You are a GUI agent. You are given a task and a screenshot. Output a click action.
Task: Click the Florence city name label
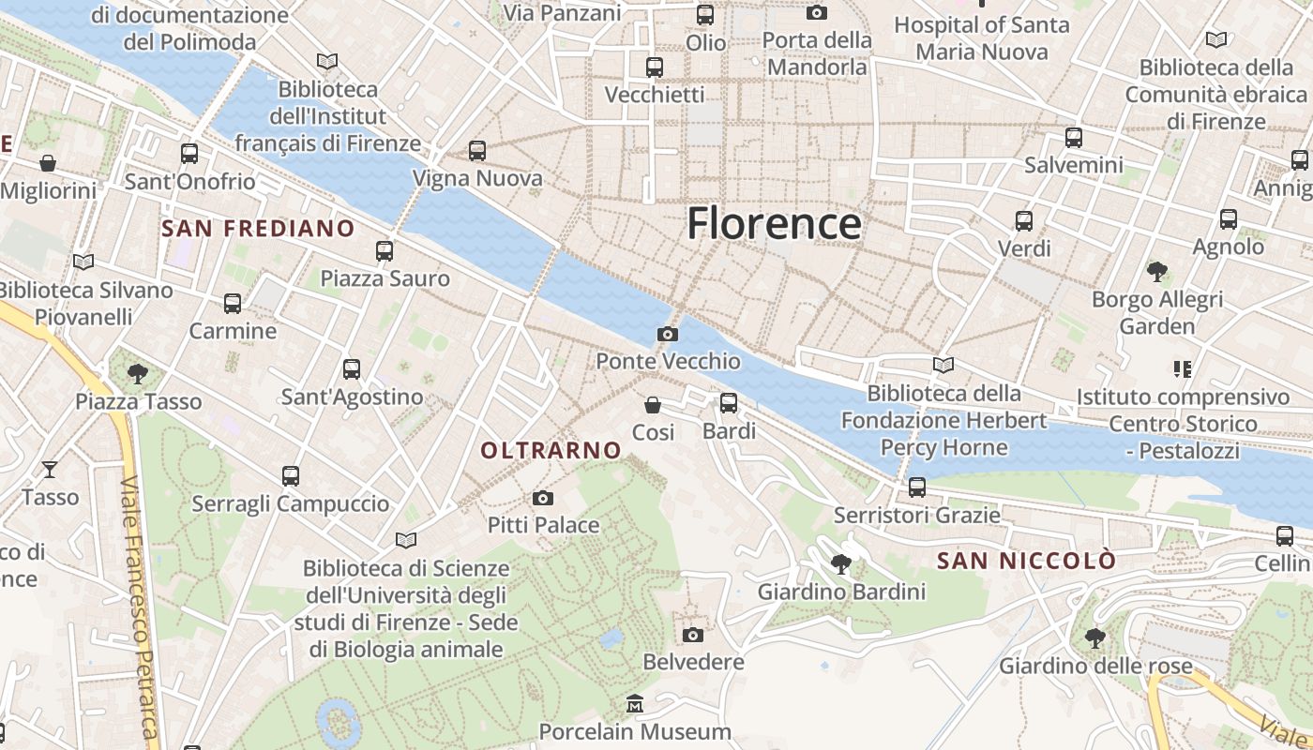click(774, 224)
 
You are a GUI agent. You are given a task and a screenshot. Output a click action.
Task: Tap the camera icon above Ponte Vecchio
click(668, 335)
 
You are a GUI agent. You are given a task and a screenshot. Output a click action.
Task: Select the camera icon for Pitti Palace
click(542, 498)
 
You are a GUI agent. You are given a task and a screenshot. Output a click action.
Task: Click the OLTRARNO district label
click(551, 451)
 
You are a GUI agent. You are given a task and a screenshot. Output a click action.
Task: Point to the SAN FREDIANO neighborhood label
click(258, 229)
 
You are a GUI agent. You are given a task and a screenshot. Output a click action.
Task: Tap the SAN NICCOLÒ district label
click(1027, 562)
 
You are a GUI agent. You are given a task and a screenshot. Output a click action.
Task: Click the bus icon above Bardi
click(729, 404)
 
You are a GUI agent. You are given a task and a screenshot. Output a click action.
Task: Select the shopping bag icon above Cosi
click(653, 405)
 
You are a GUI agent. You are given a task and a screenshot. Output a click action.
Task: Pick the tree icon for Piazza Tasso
click(138, 374)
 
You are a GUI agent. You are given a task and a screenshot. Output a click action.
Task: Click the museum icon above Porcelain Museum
click(635, 704)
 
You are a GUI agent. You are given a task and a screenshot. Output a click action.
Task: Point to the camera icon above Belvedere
click(692, 635)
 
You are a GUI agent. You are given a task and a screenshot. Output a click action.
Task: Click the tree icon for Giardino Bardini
click(841, 564)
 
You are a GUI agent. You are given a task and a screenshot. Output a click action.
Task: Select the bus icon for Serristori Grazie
click(917, 487)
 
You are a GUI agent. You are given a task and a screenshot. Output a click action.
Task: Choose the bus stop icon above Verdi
click(1024, 221)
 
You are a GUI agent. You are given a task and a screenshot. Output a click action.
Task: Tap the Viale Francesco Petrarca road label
click(138, 619)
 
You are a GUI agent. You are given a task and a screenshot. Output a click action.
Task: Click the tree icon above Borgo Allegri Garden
click(1157, 272)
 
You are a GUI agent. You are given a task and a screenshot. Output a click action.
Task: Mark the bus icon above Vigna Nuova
click(477, 151)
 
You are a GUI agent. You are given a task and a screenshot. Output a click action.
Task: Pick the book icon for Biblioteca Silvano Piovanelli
click(83, 262)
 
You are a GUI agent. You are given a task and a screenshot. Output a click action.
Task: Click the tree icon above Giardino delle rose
click(1094, 638)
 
